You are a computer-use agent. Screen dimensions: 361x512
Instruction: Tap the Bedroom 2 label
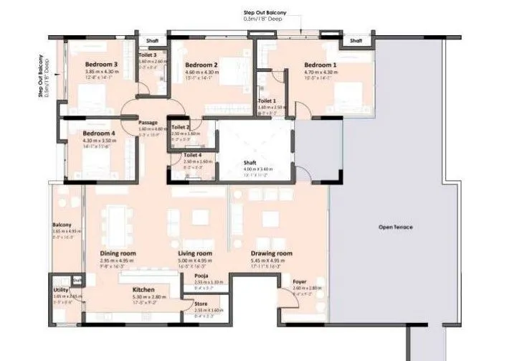click(201, 65)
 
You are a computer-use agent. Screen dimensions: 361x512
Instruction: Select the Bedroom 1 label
click(320, 65)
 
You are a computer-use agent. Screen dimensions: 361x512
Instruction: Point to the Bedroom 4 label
click(98, 133)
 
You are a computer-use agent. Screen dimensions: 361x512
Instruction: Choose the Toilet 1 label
click(267, 101)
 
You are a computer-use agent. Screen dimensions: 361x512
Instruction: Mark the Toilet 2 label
click(181, 127)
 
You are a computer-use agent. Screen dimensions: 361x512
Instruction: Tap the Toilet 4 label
click(192, 155)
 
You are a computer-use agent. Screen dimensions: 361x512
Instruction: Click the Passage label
click(148, 123)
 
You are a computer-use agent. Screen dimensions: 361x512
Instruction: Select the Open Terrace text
click(396, 228)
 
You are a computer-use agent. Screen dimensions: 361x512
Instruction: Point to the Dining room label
click(118, 253)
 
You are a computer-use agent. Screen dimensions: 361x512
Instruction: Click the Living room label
click(195, 253)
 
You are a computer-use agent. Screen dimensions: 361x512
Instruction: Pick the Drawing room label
click(271, 253)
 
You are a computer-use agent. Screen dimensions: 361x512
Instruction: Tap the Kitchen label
click(143, 289)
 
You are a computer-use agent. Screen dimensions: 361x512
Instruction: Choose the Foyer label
click(300, 282)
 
